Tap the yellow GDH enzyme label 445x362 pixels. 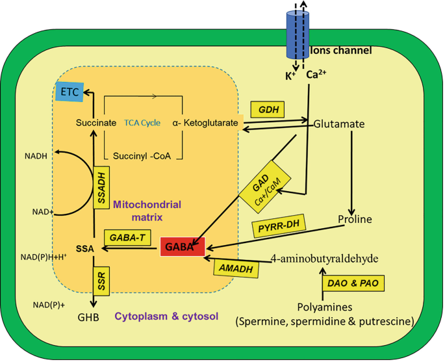(268, 109)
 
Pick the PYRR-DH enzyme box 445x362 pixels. (277, 229)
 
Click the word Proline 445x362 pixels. (355, 219)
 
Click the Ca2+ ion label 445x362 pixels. (316, 73)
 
